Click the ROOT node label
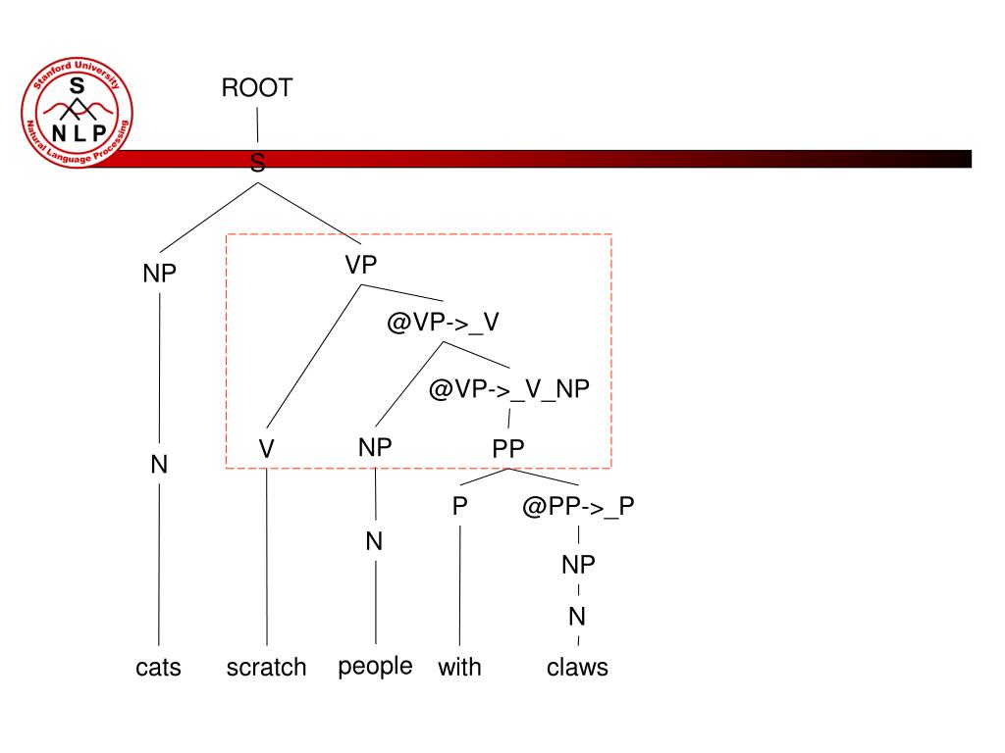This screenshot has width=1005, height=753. point(257,87)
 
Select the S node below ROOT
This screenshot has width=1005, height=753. point(258,163)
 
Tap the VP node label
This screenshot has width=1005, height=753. point(361,265)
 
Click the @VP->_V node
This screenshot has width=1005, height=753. point(443,322)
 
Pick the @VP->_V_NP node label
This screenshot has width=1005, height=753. point(509,388)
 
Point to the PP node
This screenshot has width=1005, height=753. point(508,448)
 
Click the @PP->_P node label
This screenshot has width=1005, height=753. point(578,507)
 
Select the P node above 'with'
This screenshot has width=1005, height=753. point(459,507)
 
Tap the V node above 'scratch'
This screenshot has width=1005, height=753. point(267,448)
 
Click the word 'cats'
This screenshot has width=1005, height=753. point(158,667)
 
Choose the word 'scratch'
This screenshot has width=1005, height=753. point(267,667)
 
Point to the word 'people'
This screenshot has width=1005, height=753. point(376,667)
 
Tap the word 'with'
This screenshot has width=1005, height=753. point(459,667)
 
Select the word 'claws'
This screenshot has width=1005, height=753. point(577,667)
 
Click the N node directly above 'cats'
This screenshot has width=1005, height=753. point(159,464)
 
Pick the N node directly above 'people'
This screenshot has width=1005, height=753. point(374,541)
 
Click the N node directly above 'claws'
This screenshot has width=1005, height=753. point(577,617)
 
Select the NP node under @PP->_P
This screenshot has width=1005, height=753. point(578,565)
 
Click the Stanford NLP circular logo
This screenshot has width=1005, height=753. point(77,112)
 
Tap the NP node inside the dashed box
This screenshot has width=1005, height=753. point(375,447)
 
